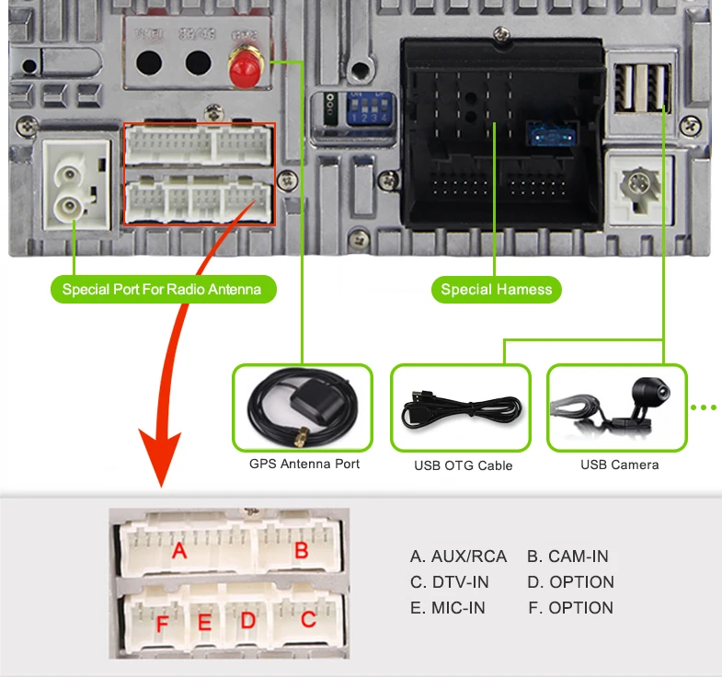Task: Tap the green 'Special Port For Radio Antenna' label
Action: (x=162, y=290)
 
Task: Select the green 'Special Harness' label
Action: (x=496, y=290)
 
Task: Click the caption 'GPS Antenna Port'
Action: (x=304, y=464)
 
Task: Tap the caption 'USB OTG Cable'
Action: (x=463, y=465)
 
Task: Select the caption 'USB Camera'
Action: (x=619, y=465)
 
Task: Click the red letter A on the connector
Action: (x=179, y=552)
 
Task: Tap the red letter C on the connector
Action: (x=308, y=619)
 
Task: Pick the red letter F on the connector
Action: (x=162, y=625)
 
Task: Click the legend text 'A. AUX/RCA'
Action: (x=458, y=557)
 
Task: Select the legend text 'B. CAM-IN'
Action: (x=567, y=557)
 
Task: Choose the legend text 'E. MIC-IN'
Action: (x=447, y=608)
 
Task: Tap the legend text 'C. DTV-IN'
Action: (x=449, y=582)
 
